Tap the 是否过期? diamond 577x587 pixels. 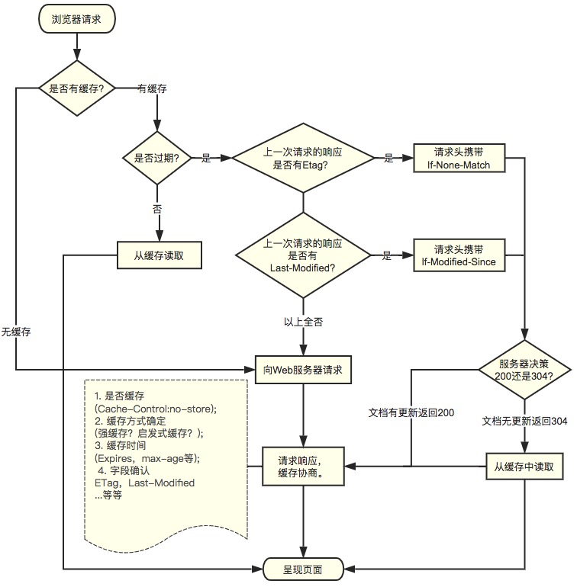(x=157, y=159)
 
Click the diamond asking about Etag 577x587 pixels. (x=303, y=159)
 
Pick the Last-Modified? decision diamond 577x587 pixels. (x=303, y=256)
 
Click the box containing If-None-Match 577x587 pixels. (x=459, y=159)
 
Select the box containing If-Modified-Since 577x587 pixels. (x=459, y=256)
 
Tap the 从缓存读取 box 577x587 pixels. (x=159, y=255)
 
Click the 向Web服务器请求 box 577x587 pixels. (x=303, y=370)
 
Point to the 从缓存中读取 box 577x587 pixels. (x=525, y=466)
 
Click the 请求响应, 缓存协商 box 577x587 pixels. (x=303, y=466)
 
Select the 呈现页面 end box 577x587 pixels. (x=303, y=569)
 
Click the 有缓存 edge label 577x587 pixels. (x=152, y=88)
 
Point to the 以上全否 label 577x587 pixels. (x=303, y=322)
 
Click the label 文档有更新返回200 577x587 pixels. (x=411, y=413)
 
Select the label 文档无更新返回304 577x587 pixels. (x=524, y=421)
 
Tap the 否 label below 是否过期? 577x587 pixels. (x=157, y=207)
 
